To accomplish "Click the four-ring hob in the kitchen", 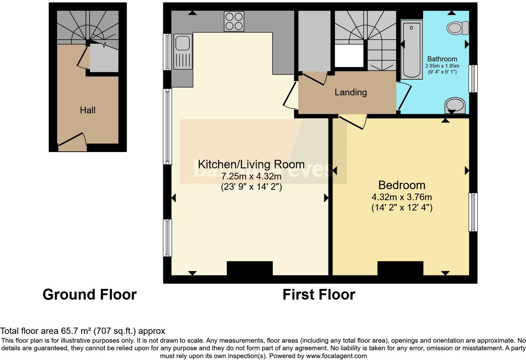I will click(x=234, y=21).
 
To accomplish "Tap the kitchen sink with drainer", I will click(x=183, y=51).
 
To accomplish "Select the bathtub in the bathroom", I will click(x=411, y=49).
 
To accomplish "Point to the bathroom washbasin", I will click(x=455, y=105).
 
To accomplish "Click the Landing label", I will click(x=350, y=92).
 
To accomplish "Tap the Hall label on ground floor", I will click(x=87, y=110).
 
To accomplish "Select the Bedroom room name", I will click(x=402, y=185).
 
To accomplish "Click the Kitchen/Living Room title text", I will click(x=251, y=164).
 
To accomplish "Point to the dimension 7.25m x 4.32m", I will click(x=251, y=176).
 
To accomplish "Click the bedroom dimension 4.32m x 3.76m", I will click(x=402, y=197).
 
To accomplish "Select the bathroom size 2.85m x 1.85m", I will click(x=442, y=66).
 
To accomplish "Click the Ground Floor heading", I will click(x=89, y=295).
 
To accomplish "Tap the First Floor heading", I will click(x=319, y=295).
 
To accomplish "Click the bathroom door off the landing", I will click(x=404, y=96).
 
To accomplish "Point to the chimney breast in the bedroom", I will click(x=400, y=268).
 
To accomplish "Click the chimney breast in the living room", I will click(x=249, y=268).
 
